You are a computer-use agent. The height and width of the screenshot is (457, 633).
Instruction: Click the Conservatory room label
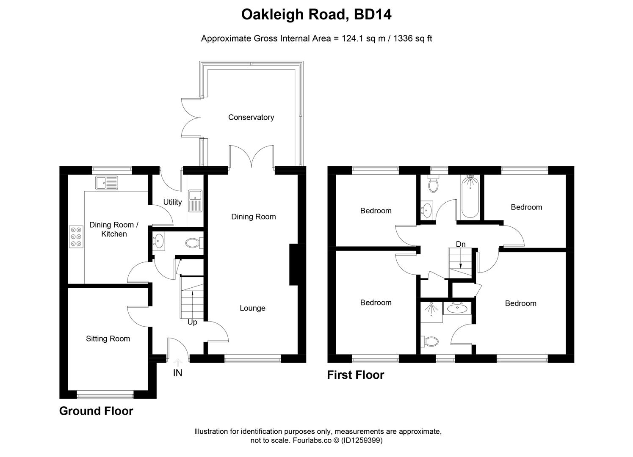pyautogui.click(x=251, y=117)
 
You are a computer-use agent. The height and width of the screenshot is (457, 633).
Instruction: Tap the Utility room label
pyautogui.click(x=172, y=202)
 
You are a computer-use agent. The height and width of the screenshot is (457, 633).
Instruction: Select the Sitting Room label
pyautogui.click(x=108, y=339)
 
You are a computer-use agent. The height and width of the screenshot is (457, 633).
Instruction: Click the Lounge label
pyautogui.click(x=252, y=308)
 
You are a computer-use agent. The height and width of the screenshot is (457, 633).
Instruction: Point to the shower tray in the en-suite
pyautogui.click(x=431, y=312)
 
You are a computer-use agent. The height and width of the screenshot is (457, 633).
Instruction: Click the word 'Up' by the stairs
pyautogui.click(x=192, y=322)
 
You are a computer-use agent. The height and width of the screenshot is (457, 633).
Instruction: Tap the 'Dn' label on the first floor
pyautogui.click(x=461, y=244)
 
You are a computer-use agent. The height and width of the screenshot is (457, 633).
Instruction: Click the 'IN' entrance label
pyautogui.click(x=178, y=373)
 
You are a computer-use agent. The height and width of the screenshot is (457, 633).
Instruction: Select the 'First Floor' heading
pyautogui.click(x=355, y=375)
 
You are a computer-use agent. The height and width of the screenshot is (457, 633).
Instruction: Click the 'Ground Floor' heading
pyautogui.click(x=96, y=411)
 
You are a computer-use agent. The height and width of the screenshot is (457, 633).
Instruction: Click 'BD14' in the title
pyautogui.click(x=373, y=15)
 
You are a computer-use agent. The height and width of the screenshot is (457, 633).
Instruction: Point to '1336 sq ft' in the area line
pyautogui.click(x=413, y=39)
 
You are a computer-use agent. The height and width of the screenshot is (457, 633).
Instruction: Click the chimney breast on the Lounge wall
pyautogui.click(x=294, y=264)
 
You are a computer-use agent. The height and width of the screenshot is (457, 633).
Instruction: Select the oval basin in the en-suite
pyautogui.click(x=457, y=308)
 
